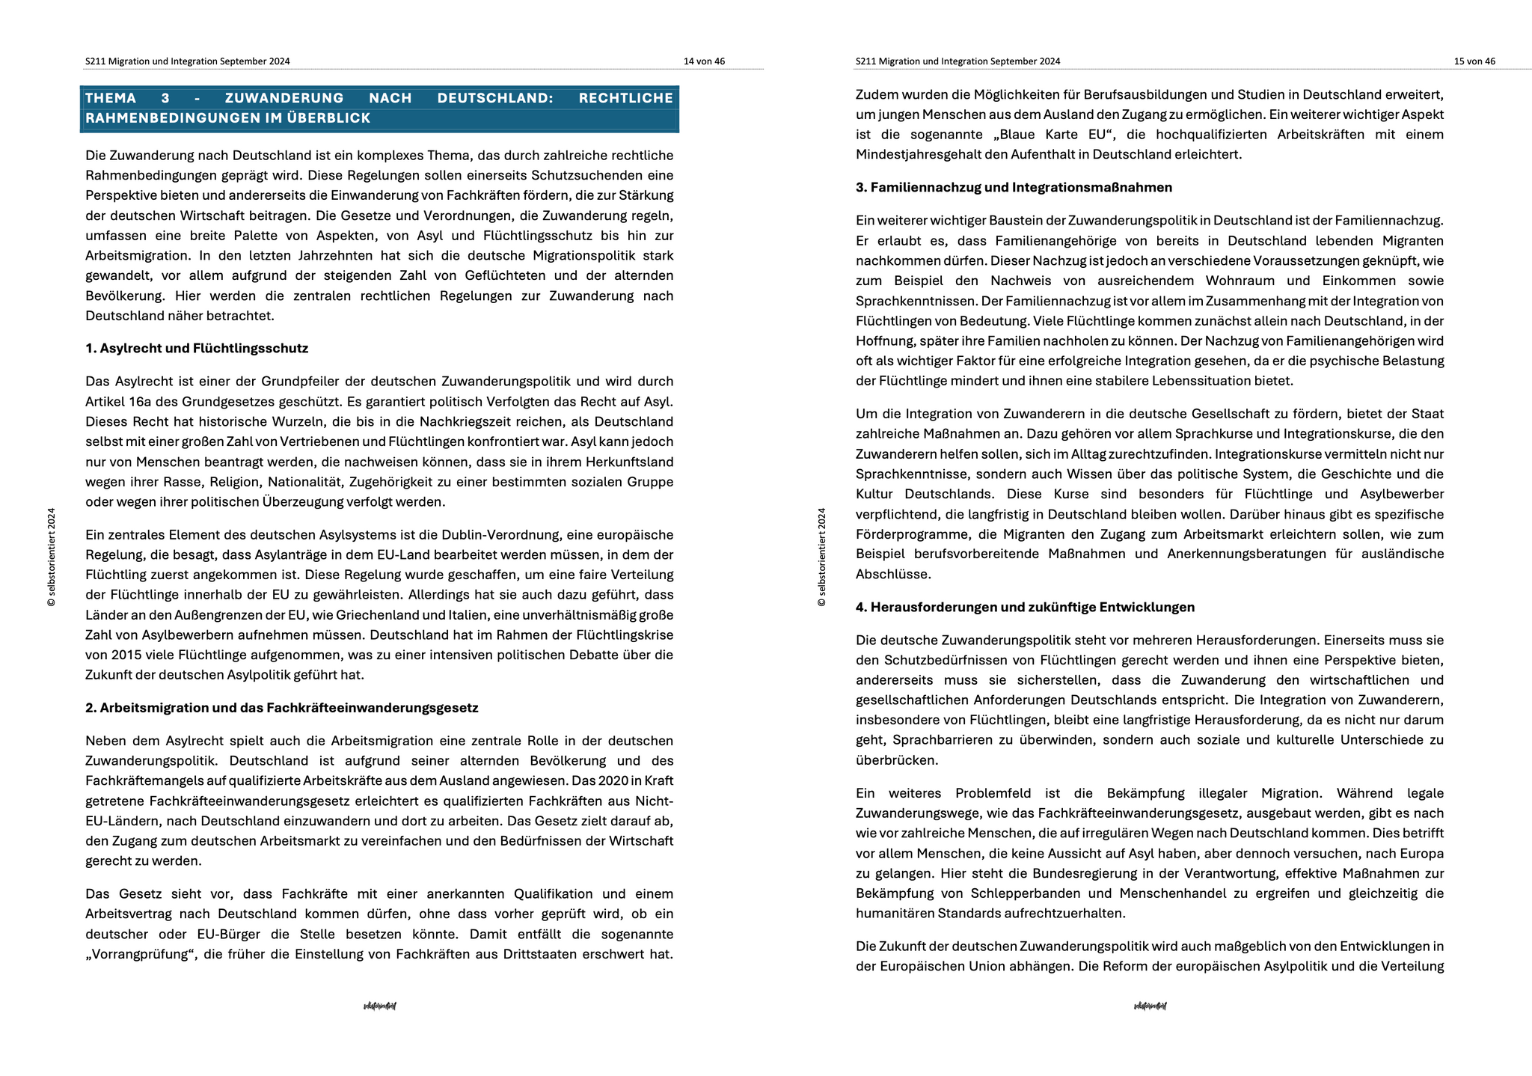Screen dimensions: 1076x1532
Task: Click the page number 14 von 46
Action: pyautogui.click(x=703, y=61)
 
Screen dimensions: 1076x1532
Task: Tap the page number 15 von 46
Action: pyautogui.click(x=1474, y=61)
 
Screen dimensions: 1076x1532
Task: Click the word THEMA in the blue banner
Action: pyautogui.click(x=111, y=98)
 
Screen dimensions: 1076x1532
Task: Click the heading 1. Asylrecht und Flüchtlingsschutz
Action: pyautogui.click(x=197, y=348)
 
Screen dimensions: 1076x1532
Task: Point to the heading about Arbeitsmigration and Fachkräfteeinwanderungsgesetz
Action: pyautogui.click(x=281, y=708)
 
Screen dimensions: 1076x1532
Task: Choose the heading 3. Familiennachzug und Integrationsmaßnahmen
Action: pyautogui.click(x=1014, y=187)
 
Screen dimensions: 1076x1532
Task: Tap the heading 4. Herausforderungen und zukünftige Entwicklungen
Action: pyautogui.click(x=1025, y=607)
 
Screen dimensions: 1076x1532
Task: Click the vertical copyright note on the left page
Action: pyautogui.click(x=51, y=557)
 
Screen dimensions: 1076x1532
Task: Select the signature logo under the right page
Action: pyautogui.click(x=1150, y=1006)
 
